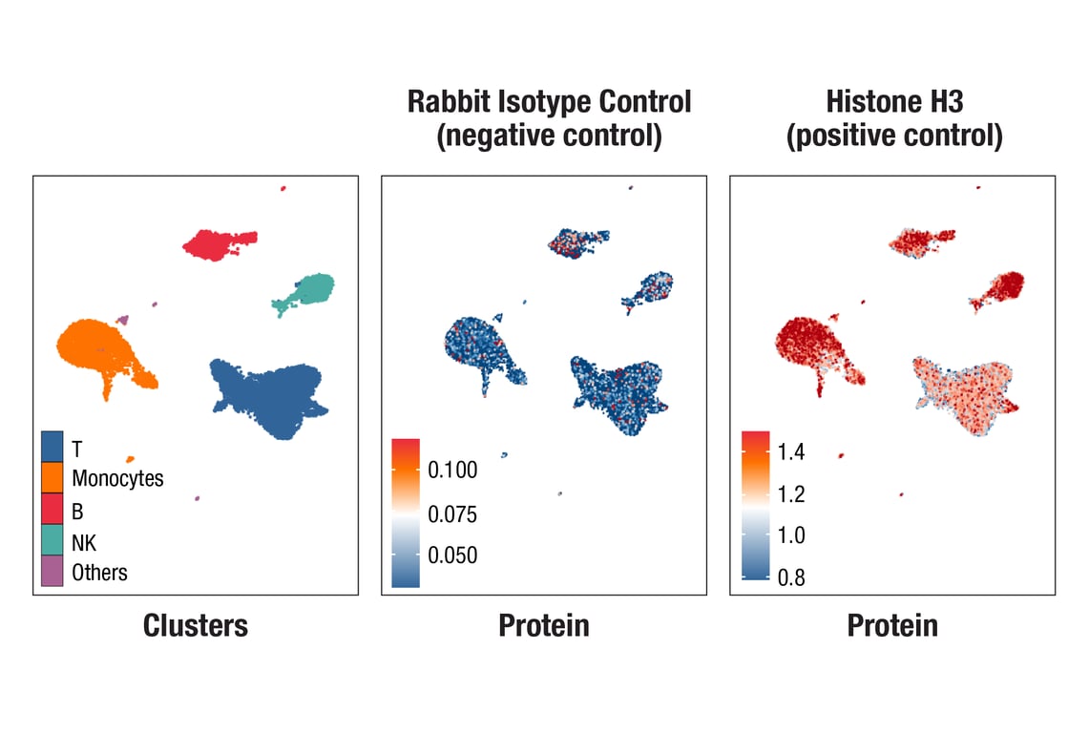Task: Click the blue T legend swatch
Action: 52,446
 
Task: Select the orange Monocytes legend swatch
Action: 52,477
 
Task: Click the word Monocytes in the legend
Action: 117,478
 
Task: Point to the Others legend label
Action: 99,572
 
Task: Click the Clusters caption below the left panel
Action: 195,625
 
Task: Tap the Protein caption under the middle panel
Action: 543,625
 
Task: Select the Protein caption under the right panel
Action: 891,625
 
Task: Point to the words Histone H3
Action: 894,102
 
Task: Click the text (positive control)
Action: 894,136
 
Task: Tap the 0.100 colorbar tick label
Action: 453,470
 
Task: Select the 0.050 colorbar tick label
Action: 453,555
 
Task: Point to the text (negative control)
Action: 549,136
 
